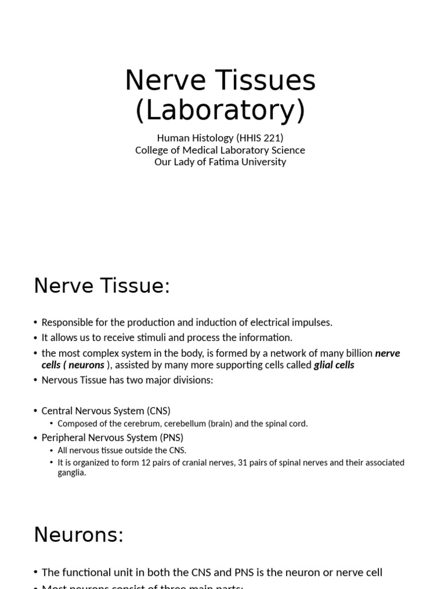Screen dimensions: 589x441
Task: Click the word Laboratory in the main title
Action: tap(220, 111)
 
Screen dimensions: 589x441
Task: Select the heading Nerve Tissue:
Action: tap(102, 285)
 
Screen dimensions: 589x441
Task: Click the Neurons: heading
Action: tap(79, 535)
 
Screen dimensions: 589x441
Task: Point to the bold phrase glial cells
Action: tap(334, 365)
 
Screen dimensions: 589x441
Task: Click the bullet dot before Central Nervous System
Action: tap(36, 411)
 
